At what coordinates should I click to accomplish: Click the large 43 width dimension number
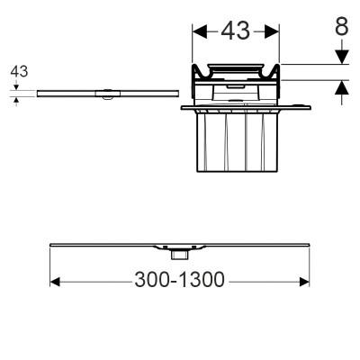click(236, 31)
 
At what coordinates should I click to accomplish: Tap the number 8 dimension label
click(342, 26)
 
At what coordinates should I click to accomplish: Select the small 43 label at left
click(19, 72)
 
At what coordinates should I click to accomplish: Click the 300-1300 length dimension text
click(179, 280)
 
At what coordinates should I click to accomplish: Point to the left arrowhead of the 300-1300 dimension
click(55, 282)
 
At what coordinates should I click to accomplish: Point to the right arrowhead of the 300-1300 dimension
click(304, 282)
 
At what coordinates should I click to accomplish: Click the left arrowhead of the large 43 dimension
click(200, 31)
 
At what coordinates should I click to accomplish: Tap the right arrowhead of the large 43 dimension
click(272, 31)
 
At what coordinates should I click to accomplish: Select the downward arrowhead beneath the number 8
click(342, 57)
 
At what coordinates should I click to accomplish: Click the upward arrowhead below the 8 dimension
click(342, 87)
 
